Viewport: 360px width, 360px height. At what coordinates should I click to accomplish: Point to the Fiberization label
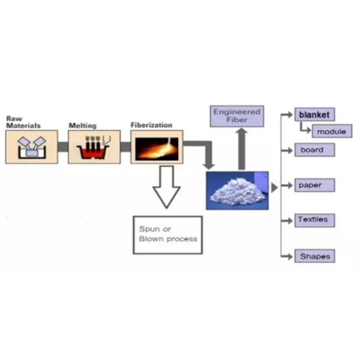pos(151,125)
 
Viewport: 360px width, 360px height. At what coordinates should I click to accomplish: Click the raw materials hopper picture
pos(31,147)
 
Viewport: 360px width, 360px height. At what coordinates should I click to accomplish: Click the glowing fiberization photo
pos(157,146)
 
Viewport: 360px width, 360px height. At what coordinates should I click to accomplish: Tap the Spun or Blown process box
pos(167,235)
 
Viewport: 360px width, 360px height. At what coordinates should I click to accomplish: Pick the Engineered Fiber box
pos(238,116)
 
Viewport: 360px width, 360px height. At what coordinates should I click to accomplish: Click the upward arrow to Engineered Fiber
pos(242,148)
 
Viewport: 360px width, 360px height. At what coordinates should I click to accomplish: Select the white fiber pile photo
pos(237,190)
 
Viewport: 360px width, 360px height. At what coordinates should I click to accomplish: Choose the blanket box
pos(314,114)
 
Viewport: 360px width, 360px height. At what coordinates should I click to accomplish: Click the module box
pos(331,131)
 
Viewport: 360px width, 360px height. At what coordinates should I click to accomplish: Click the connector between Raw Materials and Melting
pos(62,147)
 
